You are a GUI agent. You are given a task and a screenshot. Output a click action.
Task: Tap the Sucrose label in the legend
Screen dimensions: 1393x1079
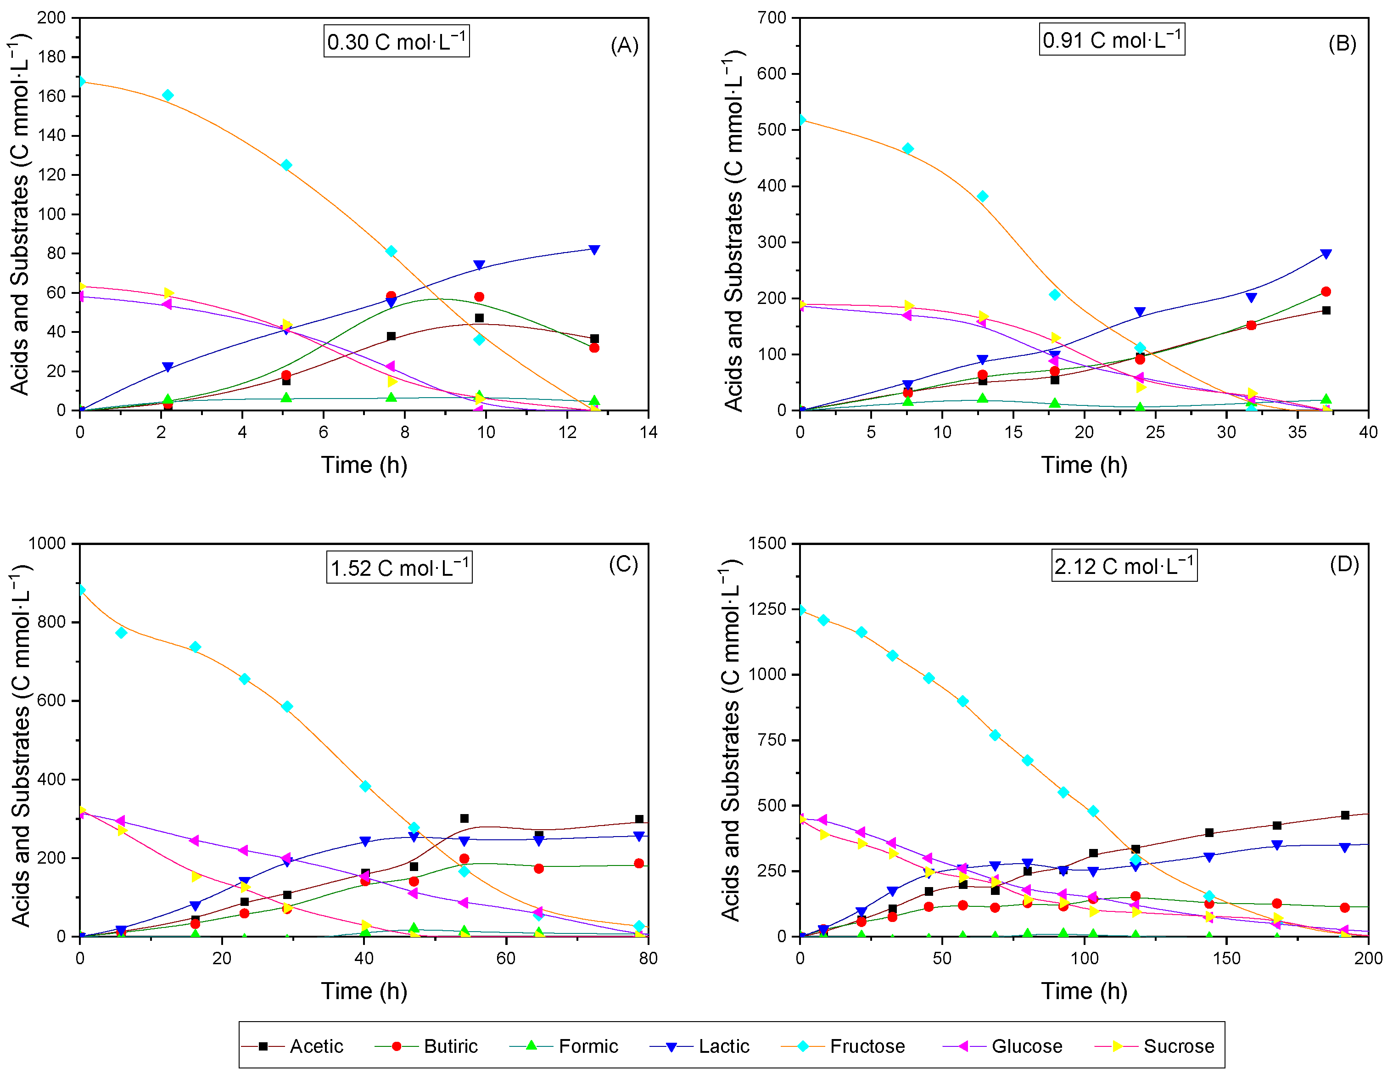[1154, 1046]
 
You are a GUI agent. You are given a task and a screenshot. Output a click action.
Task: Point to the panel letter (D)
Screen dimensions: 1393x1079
[1344, 564]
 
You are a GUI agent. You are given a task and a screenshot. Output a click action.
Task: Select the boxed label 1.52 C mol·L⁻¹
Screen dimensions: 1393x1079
[400, 567]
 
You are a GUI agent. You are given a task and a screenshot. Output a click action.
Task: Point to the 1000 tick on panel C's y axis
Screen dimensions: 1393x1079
[47, 543]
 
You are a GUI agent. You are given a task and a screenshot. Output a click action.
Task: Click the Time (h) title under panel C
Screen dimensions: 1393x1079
[364, 991]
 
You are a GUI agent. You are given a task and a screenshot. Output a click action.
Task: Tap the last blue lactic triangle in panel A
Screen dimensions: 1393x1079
[594, 249]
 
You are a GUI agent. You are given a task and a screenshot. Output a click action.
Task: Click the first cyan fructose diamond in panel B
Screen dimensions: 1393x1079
[801, 120]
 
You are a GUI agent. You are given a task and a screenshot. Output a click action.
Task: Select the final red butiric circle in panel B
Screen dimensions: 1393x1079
[1326, 292]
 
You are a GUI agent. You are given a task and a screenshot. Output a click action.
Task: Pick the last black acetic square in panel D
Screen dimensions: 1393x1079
[1345, 815]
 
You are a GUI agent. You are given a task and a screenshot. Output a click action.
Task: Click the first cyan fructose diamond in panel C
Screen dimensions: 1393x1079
[81, 590]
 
